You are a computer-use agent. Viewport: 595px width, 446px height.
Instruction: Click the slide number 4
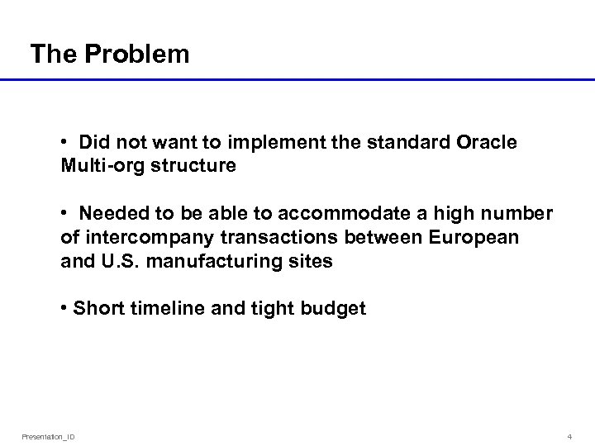[570, 435]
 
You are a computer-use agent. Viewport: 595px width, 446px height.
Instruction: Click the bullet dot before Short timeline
[64, 309]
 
